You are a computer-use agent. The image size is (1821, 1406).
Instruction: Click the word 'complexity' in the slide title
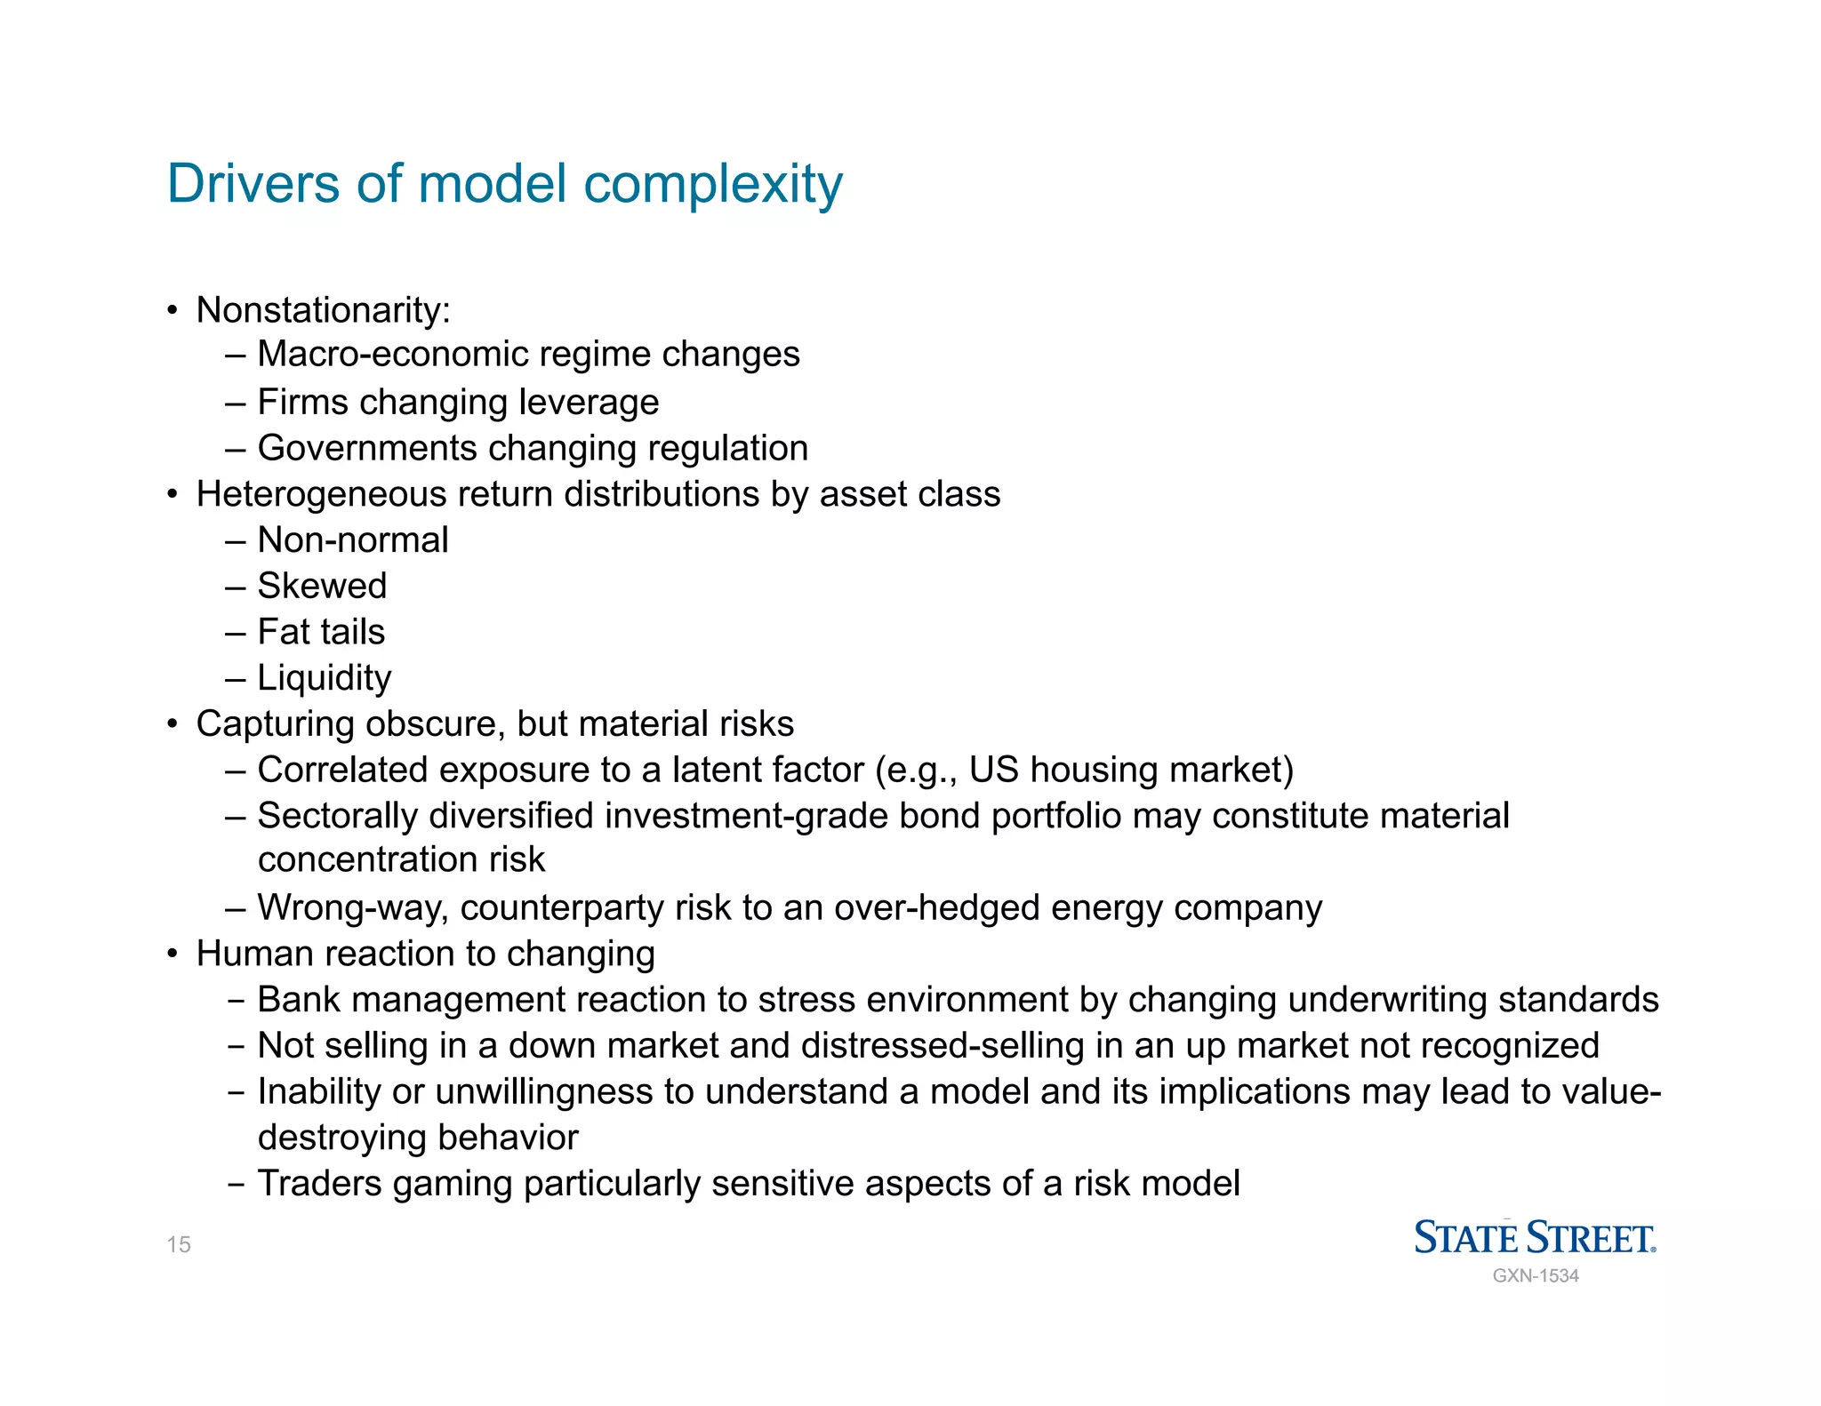coord(712,185)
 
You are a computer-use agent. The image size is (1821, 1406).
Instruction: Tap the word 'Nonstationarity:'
coord(324,310)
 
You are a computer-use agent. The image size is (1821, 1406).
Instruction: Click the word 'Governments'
coord(367,448)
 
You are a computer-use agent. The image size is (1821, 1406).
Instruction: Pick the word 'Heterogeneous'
coord(321,495)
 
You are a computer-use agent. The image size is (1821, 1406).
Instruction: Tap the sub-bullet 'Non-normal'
coord(353,540)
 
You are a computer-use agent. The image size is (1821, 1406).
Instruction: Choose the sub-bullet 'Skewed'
coord(322,587)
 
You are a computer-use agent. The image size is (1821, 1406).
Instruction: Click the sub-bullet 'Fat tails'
coord(321,632)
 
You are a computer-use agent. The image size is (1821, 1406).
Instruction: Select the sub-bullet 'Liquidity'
coord(325,678)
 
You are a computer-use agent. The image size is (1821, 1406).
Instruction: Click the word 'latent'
coord(721,771)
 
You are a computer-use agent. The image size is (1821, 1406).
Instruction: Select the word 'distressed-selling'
coord(943,1046)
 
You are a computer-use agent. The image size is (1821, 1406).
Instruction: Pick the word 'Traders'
coord(319,1184)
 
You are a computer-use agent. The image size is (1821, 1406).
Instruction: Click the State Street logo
coord(1535,1237)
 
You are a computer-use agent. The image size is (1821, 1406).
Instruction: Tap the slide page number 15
coord(179,1244)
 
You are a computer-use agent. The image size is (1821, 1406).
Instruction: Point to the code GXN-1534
coord(1536,1276)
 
